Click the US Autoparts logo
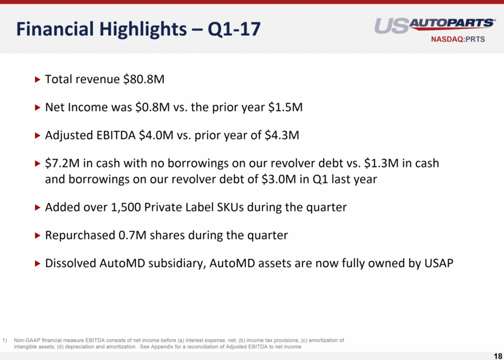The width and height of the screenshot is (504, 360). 435,25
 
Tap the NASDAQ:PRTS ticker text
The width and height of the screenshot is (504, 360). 458,39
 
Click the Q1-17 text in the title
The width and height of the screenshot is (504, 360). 234,29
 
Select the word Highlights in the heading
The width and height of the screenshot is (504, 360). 143,29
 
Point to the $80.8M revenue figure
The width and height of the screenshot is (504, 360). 144,79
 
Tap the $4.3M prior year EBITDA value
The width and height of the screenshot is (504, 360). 282,135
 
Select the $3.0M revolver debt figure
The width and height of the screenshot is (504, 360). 279,178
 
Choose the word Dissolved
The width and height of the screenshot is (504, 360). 70,263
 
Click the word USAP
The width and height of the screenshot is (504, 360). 439,263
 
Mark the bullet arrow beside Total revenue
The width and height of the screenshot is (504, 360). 37,79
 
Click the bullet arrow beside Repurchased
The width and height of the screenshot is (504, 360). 37,236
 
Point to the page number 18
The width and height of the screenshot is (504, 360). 497,356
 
